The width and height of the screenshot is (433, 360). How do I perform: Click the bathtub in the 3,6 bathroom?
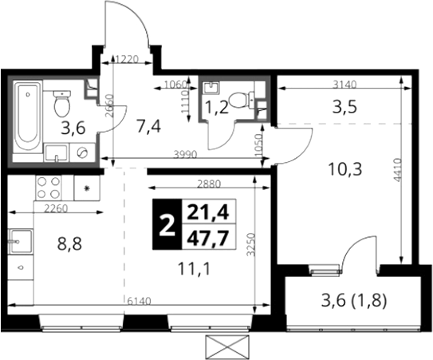tap(28, 119)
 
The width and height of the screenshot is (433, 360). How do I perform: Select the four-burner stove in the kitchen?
tap(48, 188)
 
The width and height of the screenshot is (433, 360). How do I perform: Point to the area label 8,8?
tap(69, 244)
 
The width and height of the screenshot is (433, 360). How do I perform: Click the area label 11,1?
tap(194, 269)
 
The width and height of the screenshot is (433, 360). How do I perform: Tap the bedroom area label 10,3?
tap(345, 169)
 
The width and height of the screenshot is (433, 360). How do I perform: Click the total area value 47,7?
tap(208, 239)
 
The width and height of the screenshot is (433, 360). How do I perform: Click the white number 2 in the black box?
tap(167, 226)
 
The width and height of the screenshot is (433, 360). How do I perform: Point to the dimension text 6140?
tap(140, 301)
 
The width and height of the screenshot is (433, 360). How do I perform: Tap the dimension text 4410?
tap(397, 170)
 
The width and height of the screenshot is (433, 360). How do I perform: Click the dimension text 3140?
tap(344, 85)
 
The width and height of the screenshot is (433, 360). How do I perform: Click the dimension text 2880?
tap(208, 184)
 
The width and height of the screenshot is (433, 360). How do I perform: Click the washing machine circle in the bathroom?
tap(82, 152)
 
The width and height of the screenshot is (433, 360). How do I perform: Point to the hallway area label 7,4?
tap(149, 128)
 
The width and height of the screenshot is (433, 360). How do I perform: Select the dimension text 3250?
tap(250, 245)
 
